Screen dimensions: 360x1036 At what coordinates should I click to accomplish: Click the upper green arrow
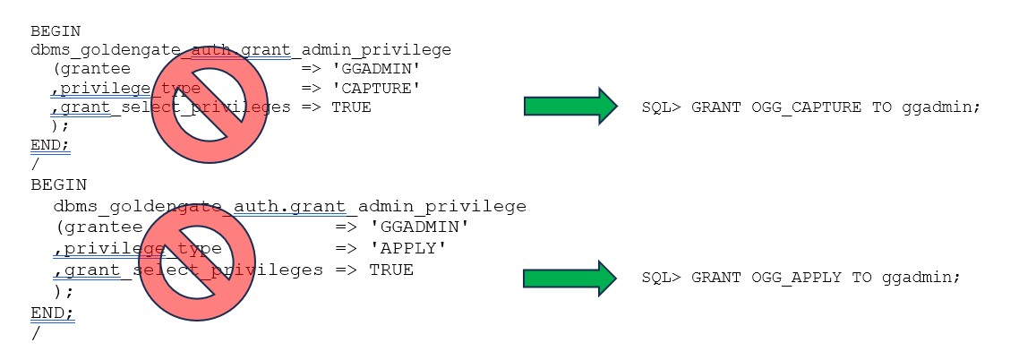pos(570,107)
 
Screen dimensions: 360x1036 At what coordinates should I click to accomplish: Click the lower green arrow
pos(570,278)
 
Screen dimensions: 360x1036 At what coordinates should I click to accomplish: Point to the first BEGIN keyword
pos(55,30)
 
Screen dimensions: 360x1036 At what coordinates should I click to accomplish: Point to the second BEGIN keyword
pos(58,185)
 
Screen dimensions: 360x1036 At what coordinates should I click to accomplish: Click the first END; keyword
pos(50,145)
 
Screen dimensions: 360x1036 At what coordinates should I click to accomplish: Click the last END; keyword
pos(53,313)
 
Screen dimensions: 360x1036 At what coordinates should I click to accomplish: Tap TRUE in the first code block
pos(351,107)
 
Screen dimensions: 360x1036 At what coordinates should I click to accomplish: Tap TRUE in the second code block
pos(391,270)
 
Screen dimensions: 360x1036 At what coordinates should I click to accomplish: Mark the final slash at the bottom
pos(35,334)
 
